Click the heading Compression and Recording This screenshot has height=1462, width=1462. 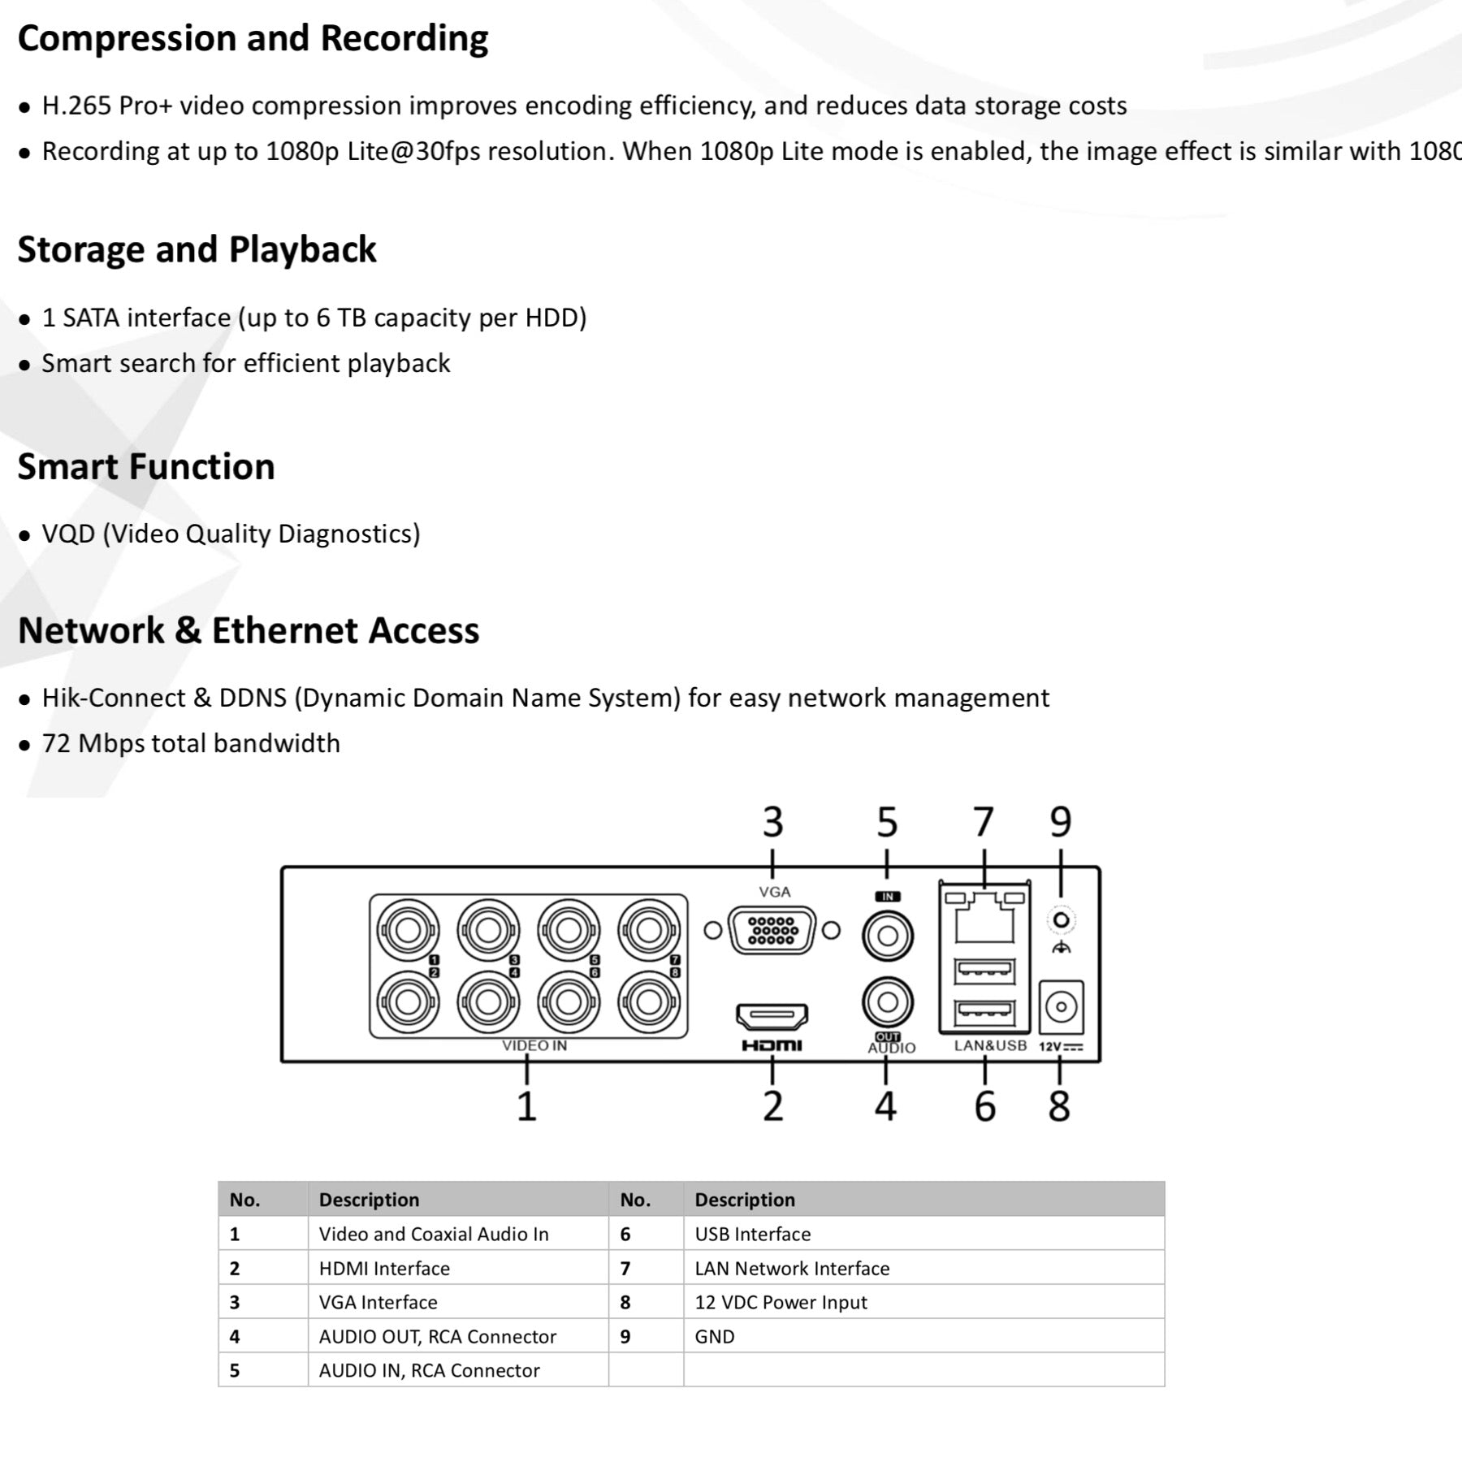coord(253,39)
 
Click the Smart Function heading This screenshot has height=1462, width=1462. coord(146,467)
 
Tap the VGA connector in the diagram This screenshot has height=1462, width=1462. coord(772,930)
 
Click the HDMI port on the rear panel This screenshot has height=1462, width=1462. coord(772,1015)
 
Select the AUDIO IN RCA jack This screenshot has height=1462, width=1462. coord(888,936)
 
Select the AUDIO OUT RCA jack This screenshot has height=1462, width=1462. coord(888,1002)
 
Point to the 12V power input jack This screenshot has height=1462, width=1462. coord(1061,1007)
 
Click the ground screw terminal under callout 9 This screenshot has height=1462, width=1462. coord(1061,921)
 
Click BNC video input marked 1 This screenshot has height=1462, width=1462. coord(408,930)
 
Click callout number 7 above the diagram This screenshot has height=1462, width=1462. coord(984,822)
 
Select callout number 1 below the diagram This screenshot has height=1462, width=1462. coord(526,1106)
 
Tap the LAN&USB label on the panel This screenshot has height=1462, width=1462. coord(990,1046)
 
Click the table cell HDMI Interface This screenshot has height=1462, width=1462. coord(384,1269)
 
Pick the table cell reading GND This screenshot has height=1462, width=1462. coord(715,1337)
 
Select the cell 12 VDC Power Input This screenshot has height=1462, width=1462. coord(781,1303)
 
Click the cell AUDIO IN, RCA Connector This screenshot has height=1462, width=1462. coord(429,1371)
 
